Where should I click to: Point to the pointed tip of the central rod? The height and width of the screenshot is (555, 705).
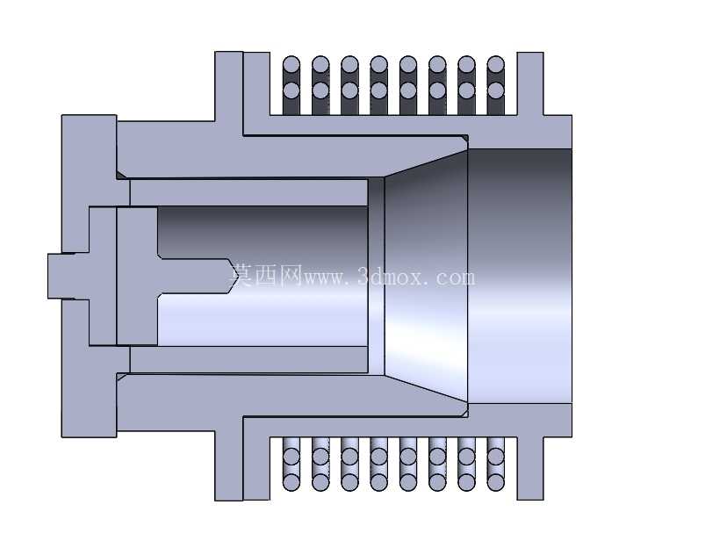click(234, 276)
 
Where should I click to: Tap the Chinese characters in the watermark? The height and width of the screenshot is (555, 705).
click(267, 274)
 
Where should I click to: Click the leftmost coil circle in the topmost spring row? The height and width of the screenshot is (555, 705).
click(291, 64)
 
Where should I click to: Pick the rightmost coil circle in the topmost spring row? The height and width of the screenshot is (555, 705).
click(495, 64)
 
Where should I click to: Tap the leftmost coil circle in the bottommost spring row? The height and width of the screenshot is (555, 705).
click(291, 483)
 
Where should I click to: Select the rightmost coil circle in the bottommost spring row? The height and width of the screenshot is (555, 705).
click(495, 483)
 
